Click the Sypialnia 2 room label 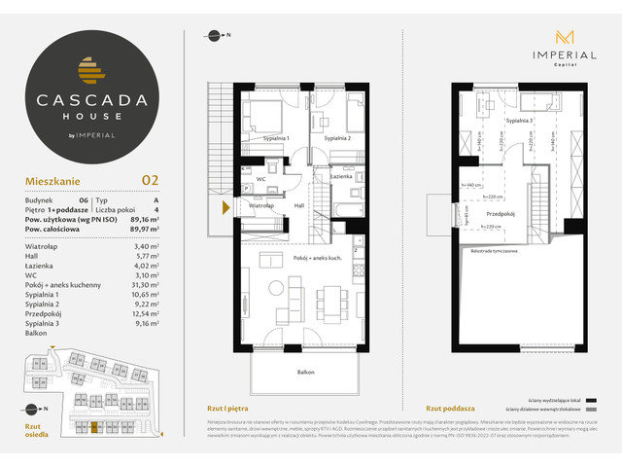(x=337, y=139)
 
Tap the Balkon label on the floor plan (x=307, y=372)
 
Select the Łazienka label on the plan (x=340, y=177)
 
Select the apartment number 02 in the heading (x=151, y=179)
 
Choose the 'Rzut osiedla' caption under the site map (x=35, y=429)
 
